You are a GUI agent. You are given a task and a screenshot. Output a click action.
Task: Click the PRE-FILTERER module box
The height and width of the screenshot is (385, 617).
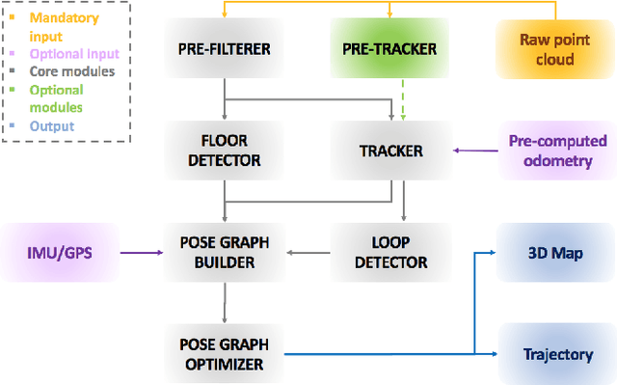click(x=224, y=47)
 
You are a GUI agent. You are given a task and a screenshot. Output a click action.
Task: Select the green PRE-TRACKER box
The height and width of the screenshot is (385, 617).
click(x=389, y=47)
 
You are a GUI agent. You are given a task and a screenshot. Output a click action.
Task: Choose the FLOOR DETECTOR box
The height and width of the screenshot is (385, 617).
click(x=224, y=151)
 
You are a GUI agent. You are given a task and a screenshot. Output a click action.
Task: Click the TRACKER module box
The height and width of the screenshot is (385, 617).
click(x=389, y=151)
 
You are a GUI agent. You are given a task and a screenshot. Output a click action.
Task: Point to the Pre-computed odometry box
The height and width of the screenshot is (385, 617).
click(x=557, y=151)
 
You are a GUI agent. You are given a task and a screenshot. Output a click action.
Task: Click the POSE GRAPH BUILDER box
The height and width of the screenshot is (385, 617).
click(x=224, y=253)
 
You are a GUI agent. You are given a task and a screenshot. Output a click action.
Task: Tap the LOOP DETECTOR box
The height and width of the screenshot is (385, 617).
click(x=389, y=253)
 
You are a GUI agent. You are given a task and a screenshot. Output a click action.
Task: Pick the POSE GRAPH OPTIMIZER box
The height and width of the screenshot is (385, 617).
click(x=224, y=354)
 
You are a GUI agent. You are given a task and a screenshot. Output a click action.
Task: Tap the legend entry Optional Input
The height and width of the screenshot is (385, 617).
click(x=70, y=54)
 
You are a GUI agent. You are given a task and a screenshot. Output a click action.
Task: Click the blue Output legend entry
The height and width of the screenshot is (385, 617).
click(x=50, y=125)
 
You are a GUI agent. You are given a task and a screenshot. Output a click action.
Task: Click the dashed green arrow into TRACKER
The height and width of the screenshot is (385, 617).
click(x=403, y=99)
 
